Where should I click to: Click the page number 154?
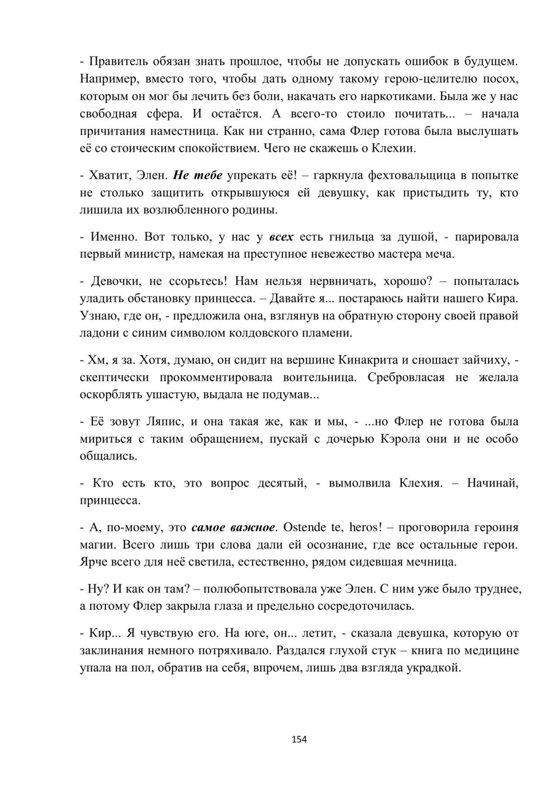[299, 739]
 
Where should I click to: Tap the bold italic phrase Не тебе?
[198, 175]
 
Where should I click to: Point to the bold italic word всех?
[281, 237]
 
